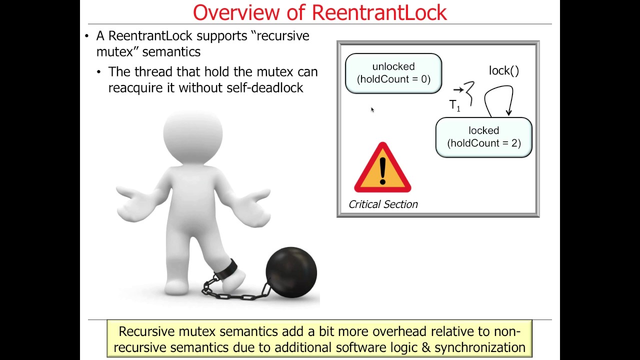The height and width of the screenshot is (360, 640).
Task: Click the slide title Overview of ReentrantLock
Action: click(x=319, y=12)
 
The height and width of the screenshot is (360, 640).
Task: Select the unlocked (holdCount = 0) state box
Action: click(x=393, y=73)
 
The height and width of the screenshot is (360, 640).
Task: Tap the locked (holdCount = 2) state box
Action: click(x=483, y=137)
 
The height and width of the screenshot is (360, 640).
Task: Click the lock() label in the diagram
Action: click(x=503, y=70)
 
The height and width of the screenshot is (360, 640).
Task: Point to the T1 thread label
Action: click(x=454, y=105)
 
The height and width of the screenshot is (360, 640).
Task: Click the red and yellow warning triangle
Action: click(x=382, y=169)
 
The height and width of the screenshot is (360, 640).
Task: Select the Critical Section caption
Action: click(x=383, y=204)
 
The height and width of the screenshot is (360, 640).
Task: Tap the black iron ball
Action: click(x=291, y=272)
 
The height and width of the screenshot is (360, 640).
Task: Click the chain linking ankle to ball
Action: click(x=235, y=292)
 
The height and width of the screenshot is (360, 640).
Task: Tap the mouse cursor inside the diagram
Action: click(x=372, y=109)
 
